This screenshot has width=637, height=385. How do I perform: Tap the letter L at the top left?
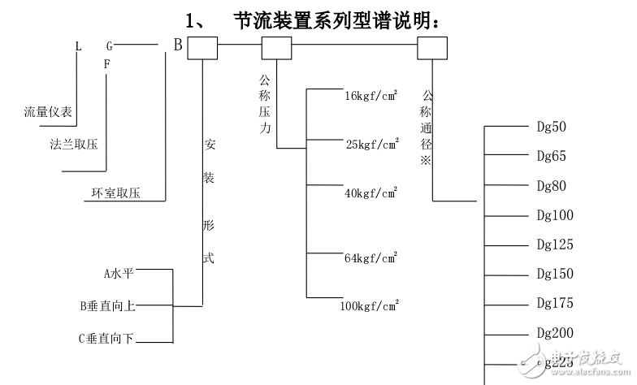pos(79,46)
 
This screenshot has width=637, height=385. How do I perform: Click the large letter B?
pos(177,45)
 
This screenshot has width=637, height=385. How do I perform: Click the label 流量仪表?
pos(48,112)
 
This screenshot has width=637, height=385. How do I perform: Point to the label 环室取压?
pos(115,193)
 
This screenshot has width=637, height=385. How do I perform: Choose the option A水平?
pos(119,275)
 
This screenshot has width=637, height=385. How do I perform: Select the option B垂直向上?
pos(107,306)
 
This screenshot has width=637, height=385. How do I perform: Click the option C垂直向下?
pos(106,338)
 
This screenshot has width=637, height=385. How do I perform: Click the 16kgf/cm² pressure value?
pos(371,96)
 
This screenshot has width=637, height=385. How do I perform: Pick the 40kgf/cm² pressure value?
pos(371,193)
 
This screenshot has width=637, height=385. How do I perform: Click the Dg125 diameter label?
pos(554,244)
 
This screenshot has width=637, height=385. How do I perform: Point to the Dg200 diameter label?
pos(554,333)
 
